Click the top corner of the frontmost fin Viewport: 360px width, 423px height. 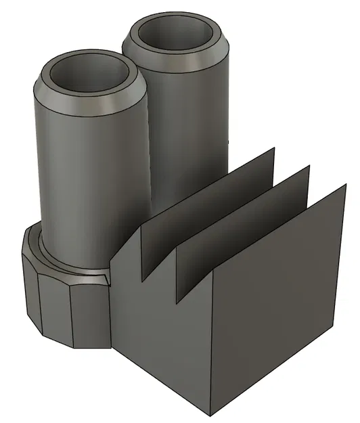click(x=346, y=184)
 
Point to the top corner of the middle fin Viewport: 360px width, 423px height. click(x=309, y=166)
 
